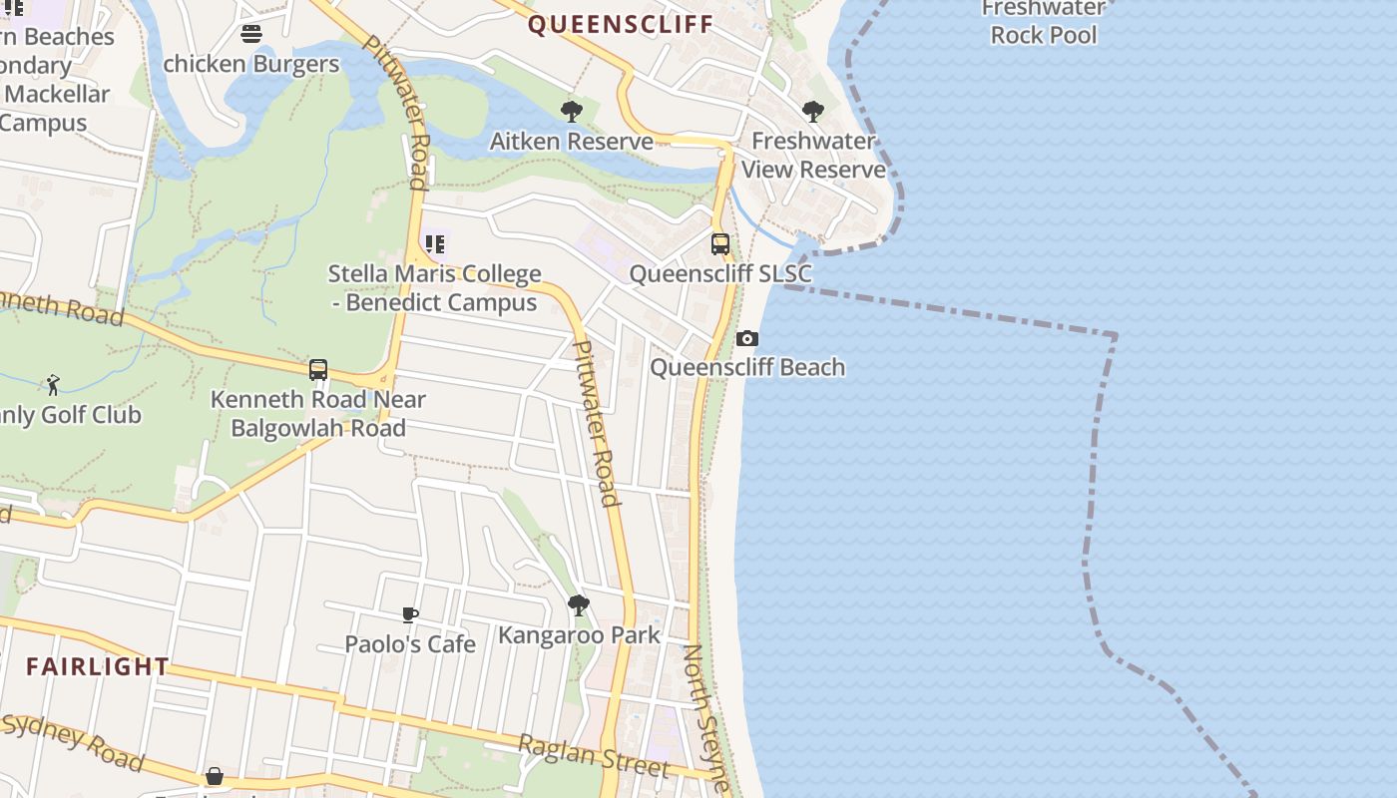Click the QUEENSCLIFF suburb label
coord(620,24)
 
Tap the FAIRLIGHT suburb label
coord(98,666)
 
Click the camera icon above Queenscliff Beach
coord(746,339)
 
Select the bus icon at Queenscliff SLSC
coord(719,243)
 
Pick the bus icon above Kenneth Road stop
coord(318,370)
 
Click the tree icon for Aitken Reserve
coord(572,112)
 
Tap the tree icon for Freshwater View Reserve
coord(813,112)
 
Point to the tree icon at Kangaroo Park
coord(578,605)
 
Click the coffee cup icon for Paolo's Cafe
coord(409,615)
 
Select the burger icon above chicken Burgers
coord(251,34)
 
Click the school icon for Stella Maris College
coord(435,243)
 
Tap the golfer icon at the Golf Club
coord(53,385)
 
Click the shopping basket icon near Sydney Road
coord(215,776)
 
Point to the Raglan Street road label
coord(593,755)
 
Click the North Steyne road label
coord(706,718)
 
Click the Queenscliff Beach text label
coord(747,367)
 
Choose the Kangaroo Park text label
coord(579,634)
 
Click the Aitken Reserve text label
coord(571,142)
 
